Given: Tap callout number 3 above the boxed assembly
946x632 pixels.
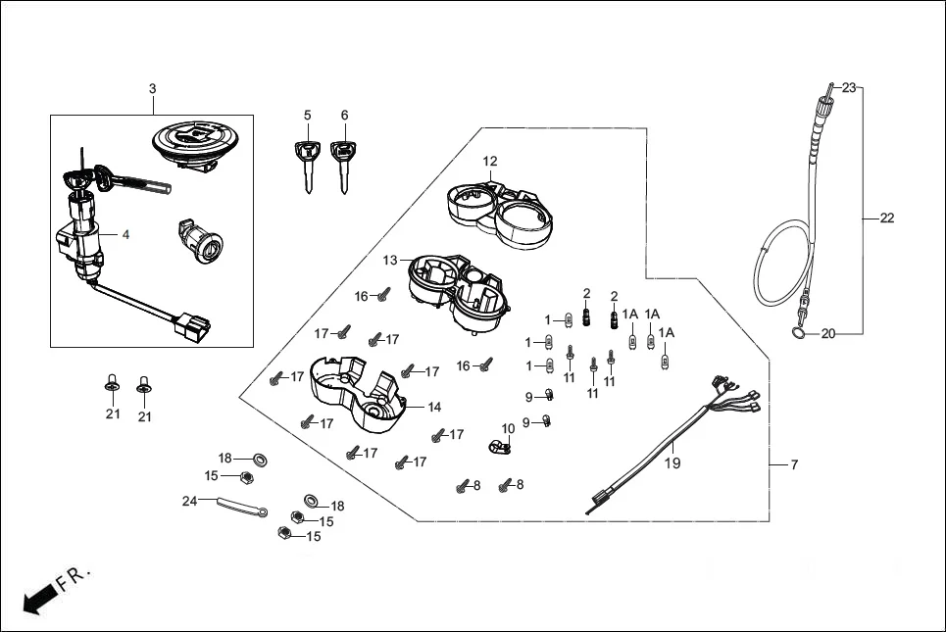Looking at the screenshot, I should tap(152, 89).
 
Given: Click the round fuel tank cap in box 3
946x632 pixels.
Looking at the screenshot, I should tap(199, 144).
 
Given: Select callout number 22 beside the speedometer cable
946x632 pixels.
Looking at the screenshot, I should tap(886, 219).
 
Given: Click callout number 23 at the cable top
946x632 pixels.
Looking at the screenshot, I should tap(848, 87).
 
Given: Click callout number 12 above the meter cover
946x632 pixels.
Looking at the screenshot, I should tap(490, 161).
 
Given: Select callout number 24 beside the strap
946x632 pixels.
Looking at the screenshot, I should tap(189, 501).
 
